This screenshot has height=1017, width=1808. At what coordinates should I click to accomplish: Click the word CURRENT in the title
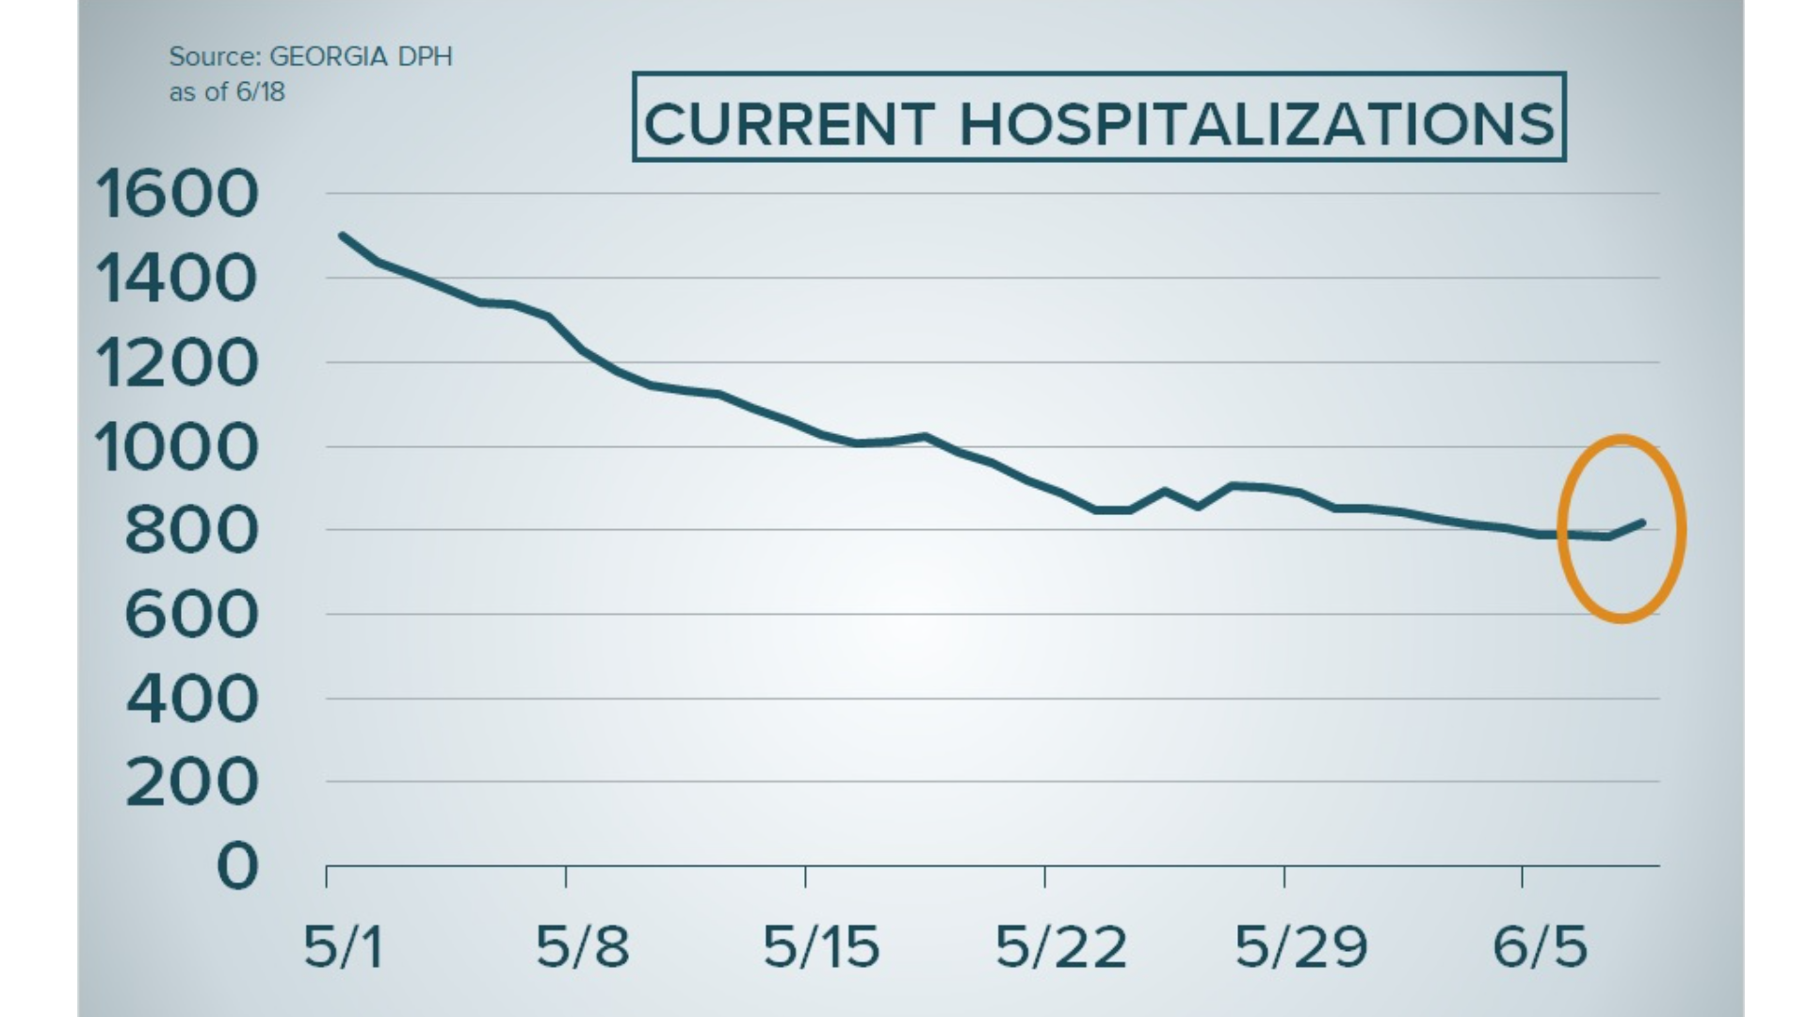(789, 124)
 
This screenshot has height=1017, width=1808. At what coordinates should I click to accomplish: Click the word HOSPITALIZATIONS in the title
(1257, 124)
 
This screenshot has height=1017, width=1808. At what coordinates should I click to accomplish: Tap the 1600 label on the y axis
(177, 195)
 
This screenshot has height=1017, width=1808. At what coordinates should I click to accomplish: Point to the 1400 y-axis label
(177, 280)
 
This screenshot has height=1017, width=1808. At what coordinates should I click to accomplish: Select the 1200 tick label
(177, 364)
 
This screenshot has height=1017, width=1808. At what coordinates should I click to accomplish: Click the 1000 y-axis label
(177, 448)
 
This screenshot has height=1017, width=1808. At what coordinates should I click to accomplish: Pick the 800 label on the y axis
(191, 531)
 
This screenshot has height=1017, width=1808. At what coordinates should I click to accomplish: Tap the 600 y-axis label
(191, 616)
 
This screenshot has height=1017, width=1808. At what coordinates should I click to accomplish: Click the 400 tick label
(192, 700)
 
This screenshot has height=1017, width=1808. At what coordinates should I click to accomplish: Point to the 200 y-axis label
(192, 783)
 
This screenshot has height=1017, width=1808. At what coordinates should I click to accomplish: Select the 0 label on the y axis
(237, 866)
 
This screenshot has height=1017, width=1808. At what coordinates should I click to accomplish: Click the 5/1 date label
(344, 946)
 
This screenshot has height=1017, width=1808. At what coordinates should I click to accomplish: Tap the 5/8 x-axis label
(582, 946)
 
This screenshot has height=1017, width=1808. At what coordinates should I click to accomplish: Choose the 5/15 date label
(821, 946)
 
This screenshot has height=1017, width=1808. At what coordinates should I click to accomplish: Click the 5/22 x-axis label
(1061, 946)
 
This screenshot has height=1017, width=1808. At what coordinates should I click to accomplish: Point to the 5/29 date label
(1301, 946)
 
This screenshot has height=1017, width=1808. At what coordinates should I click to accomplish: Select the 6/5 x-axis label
(1541, 946)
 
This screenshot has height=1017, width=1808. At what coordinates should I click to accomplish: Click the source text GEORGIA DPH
(361, 56)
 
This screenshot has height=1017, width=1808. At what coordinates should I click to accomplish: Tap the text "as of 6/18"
(227, 92)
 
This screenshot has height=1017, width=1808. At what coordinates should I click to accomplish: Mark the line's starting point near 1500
(342, 235)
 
